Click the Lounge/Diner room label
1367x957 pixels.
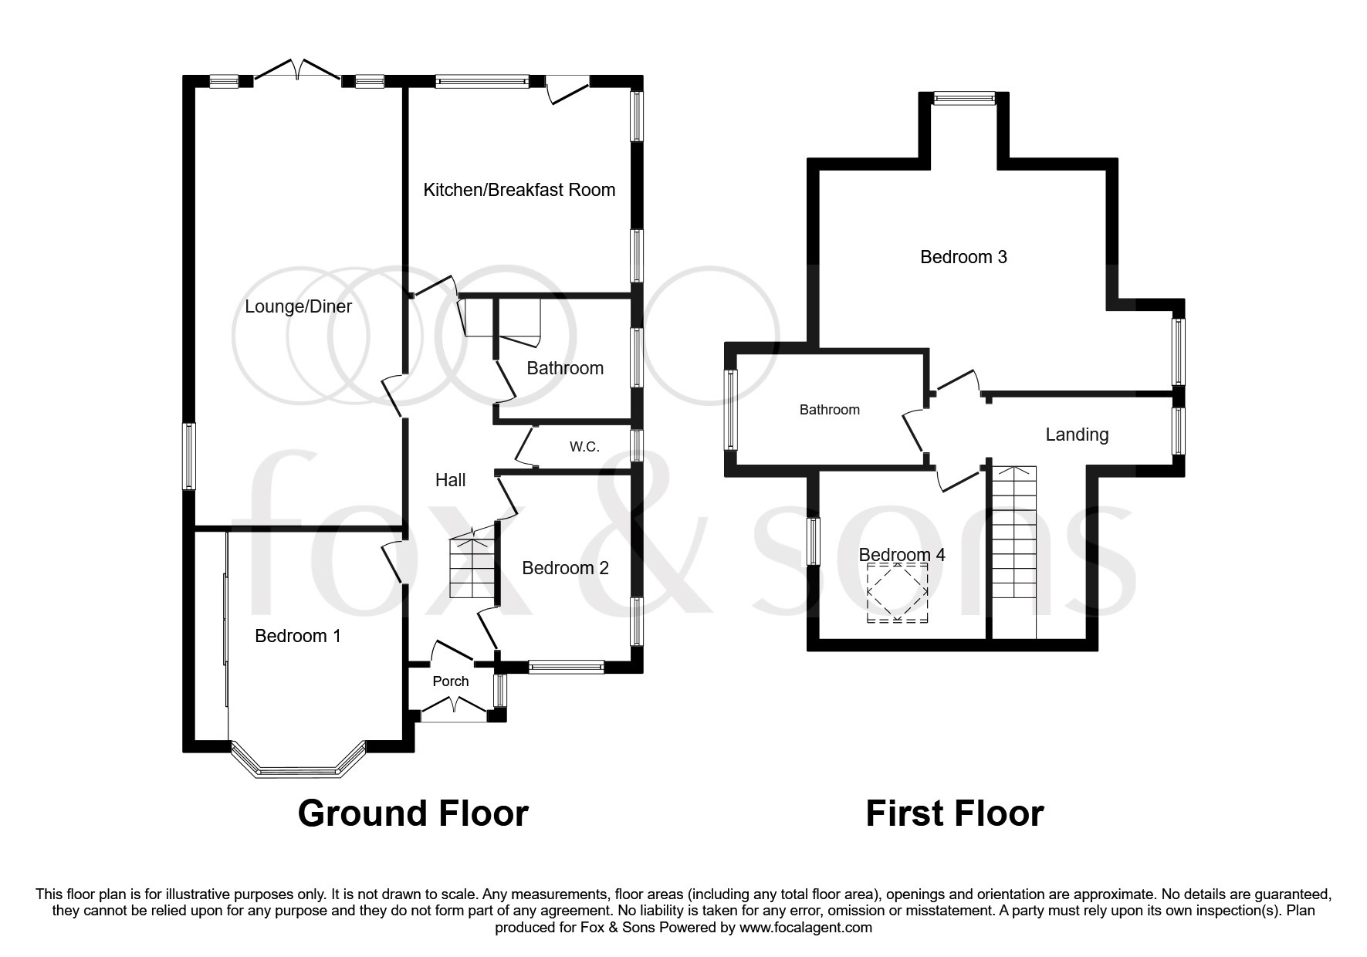click(298, 306)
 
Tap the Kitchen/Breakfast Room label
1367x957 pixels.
click(519, 190)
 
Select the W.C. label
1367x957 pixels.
click(584, 447)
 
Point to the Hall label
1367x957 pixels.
click(450, 480)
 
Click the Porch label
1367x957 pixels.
click(450, 681)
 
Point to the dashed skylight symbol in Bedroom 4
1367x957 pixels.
click(898, 593)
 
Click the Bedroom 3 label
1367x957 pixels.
click(963, 257)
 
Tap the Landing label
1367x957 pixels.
click(1076, 435)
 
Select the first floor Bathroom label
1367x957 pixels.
click(829, 410)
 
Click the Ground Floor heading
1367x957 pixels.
click(412, 813)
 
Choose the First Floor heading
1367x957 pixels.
click(954, 813)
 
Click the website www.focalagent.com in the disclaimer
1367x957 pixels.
click(805, 928)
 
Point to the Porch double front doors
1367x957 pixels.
click(454, 706)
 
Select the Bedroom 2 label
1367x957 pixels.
click(565, 569)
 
